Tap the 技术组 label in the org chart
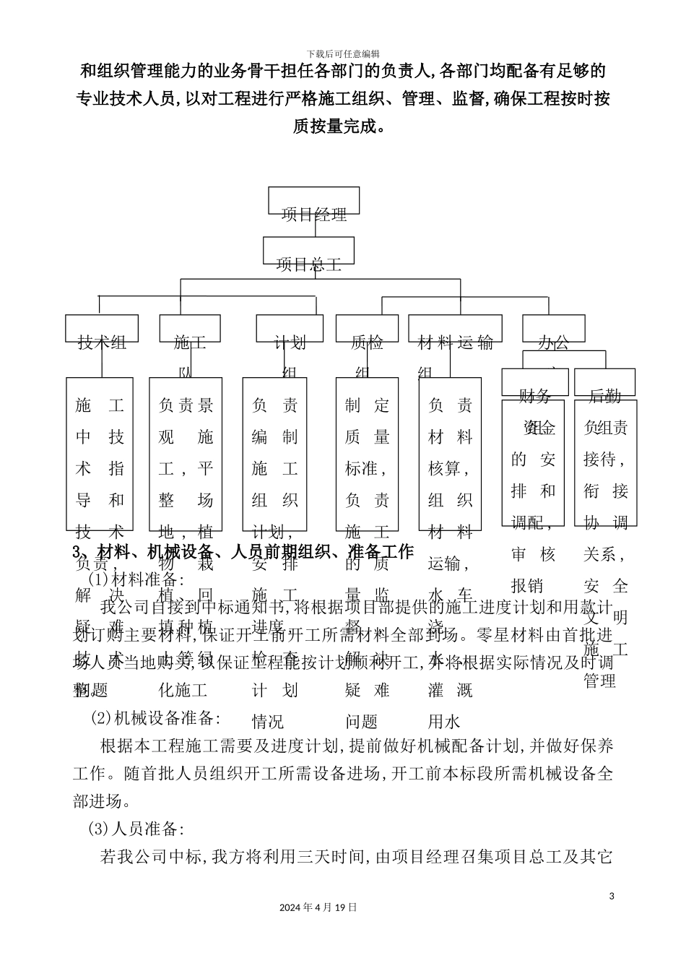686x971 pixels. coord(102,342)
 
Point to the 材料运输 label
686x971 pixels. coord(456,342)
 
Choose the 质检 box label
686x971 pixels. coord(367,342)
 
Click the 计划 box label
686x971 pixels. coord(290,342)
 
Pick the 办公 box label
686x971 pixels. coord(553,342)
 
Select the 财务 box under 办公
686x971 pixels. coord(535,394)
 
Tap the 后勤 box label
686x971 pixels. coord(604,394)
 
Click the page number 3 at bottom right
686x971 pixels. coord(612,897)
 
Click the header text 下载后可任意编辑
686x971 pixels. coord(343,53)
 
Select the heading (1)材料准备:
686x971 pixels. coord(136,579)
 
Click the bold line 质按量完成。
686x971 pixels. coord(343,126)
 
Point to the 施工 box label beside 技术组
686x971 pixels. coord(190,342)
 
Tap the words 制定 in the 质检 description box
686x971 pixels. coord(368,405)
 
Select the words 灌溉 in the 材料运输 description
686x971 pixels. coord(451,690)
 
